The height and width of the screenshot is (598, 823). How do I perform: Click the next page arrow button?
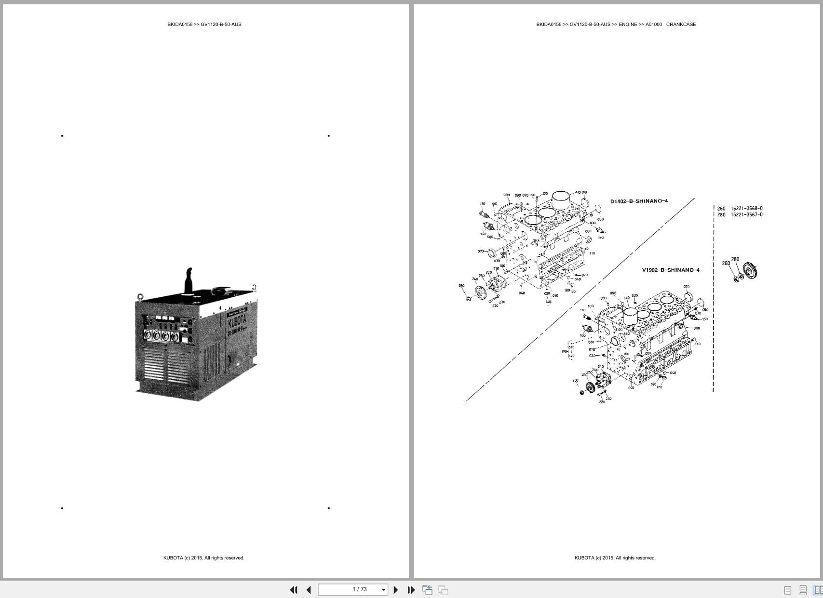coord(396,590)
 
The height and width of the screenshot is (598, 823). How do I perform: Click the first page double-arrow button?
coord(293,590)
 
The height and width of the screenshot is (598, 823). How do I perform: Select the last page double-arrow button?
coord(411,590)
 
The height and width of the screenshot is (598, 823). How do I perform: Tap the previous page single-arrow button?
coord(309,590)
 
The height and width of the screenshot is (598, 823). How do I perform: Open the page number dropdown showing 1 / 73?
coord(384,590)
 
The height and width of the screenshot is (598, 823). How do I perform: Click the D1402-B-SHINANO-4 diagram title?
coord(639,201)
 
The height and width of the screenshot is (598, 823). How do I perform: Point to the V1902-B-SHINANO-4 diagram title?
coord(670,270)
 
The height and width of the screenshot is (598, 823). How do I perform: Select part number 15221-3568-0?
coord(746,209)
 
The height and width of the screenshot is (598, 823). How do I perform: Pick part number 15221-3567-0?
coord(746,215)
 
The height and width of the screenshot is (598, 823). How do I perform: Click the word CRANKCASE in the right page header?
coord(681,25)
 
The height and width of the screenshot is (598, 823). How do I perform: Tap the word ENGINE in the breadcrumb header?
coord(628,25)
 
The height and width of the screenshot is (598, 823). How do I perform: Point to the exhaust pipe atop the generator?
coord(189,279)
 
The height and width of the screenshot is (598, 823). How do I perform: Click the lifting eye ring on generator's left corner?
coord(140,297)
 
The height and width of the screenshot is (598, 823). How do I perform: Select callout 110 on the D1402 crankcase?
coord(592,253)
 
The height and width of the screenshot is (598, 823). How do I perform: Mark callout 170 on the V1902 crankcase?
coord(659,387)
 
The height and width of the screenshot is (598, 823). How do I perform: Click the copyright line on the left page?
coord(203,558)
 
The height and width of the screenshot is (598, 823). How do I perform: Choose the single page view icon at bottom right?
coord(788,590)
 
